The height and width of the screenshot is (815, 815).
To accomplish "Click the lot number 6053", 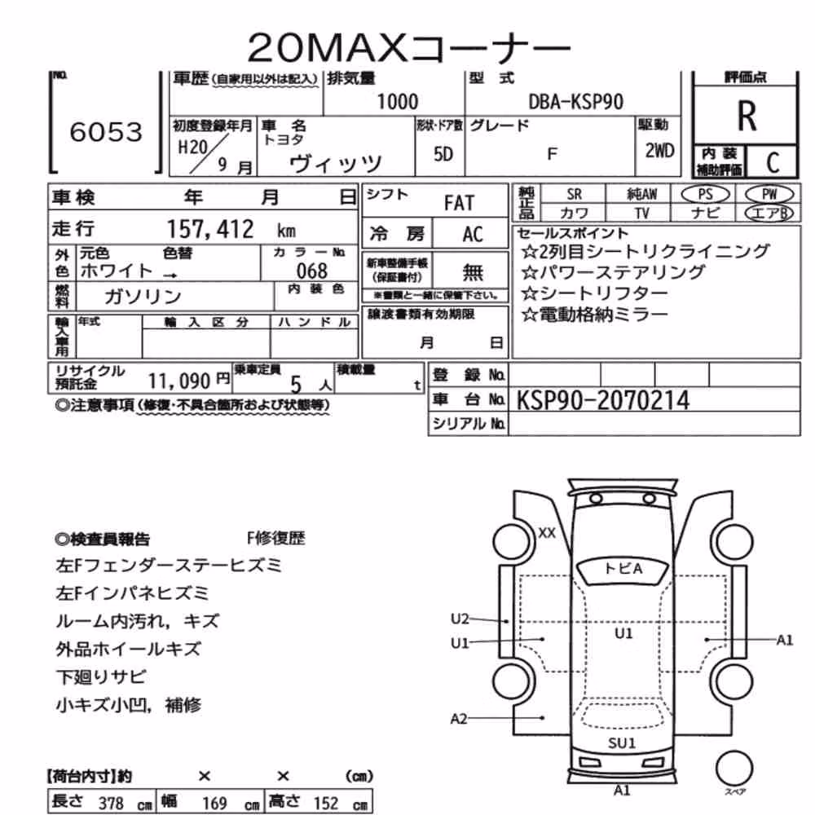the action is tap(106, 132).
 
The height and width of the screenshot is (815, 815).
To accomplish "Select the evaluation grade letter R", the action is tap(747, 116).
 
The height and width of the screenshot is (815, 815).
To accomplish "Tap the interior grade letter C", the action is tap(773, 163).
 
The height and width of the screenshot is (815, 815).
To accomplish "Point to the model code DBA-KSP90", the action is tap(576, 102).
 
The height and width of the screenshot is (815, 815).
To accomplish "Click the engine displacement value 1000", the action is tap(398, 102).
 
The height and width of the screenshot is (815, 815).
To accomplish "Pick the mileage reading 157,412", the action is tap(210, 229).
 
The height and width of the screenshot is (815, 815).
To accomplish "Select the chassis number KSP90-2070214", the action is tap(603, 400).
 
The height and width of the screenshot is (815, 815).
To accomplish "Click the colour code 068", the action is tap(312, 271).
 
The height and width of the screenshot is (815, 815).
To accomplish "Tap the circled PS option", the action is tap(705, 195).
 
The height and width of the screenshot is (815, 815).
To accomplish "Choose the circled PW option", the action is tap(769, 195).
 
